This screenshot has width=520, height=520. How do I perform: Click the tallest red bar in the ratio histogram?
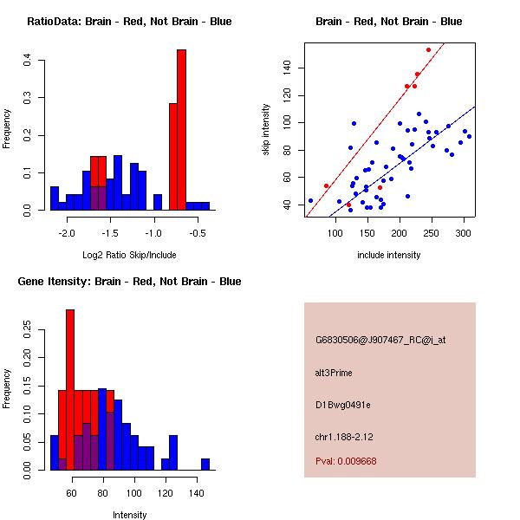pyautogui.click(x=182, y=130)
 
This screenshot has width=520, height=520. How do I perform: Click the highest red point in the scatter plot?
pyautogui.click(x=428, y=49)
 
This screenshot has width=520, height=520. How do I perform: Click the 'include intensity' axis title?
pyautogui.click(x=388, y=255)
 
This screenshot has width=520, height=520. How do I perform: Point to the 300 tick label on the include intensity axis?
pyautogui.click(x=463, y=233)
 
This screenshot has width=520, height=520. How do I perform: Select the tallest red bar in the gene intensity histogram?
pyautogui.click(x=70, y=390)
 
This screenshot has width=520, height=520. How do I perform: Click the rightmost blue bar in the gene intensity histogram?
pyautogui.click(x=205, y=465)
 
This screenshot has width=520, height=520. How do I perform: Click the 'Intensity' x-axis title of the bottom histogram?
pyautogui.click(x=129, y=515)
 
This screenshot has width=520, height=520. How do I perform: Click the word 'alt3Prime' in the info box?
pyautogui.click(x=334, y=373)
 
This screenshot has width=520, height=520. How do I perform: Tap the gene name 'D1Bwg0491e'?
pyautogui.click(x=342, y=405)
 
